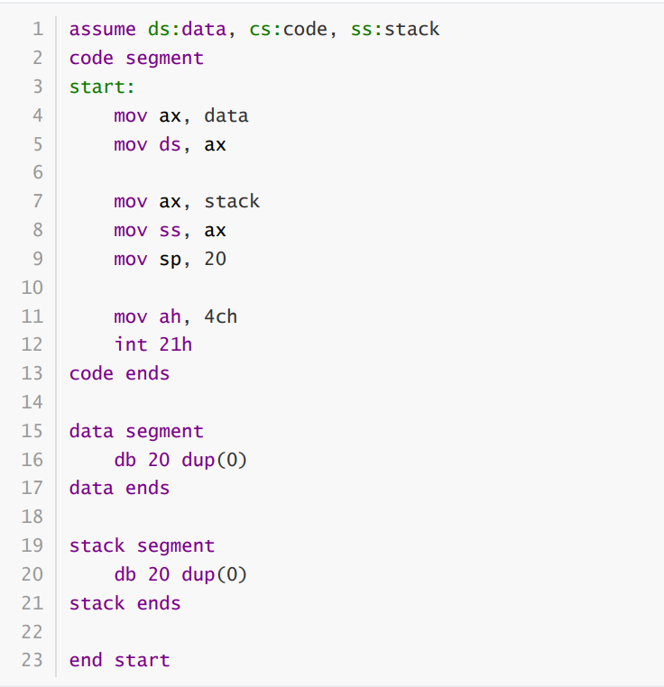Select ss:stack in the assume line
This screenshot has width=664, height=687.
[x=395, y=29]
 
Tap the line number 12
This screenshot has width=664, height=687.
[x=32, y=344]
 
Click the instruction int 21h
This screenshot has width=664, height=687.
[x=153, y=344]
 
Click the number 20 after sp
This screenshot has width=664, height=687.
[x=215, y=259]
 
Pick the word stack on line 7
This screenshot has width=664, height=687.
[x=232, y=201]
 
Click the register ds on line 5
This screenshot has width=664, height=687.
[x=170, y=143]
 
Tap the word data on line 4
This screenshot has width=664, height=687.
[x=226, y=115]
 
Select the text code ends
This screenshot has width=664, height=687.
[x=119, y=373]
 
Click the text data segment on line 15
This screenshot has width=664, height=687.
[x=136, y=431]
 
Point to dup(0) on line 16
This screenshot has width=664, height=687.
[x=215, y=460]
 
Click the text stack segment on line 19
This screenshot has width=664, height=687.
[x=142, y=545]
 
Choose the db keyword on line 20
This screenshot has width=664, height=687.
[x=125, y=574]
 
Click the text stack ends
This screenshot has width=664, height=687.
[x=125, y=603]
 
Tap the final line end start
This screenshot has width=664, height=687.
[x=119, y=660]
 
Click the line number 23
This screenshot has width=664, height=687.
[x=32, y=660]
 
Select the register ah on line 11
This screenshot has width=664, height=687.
[x=170, y=316]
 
